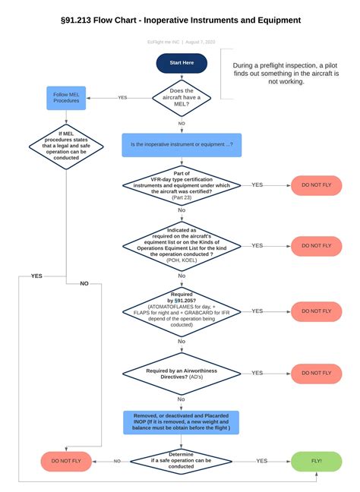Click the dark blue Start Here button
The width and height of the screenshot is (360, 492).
point(182,63)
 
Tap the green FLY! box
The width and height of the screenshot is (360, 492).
point(316,461)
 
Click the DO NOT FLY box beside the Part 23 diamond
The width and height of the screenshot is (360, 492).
point(316,184)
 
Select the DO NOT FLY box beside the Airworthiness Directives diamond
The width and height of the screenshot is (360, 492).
point(316,373)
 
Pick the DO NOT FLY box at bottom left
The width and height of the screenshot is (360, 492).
point(66,461)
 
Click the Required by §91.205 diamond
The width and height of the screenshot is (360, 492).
point(182,311)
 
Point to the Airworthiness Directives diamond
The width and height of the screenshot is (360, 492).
point(182,373)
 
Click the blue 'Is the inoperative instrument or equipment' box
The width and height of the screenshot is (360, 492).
point(182,144)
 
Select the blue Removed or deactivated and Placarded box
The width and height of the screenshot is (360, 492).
point(182,423)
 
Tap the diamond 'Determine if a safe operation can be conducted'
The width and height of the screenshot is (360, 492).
point(182,461)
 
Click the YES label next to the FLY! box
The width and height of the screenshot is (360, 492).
point(261,461)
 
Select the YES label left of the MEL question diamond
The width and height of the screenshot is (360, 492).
point(122,97)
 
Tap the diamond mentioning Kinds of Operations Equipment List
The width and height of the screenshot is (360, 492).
point(182,245)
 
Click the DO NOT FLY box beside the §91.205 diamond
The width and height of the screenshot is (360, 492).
point(316,311)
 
